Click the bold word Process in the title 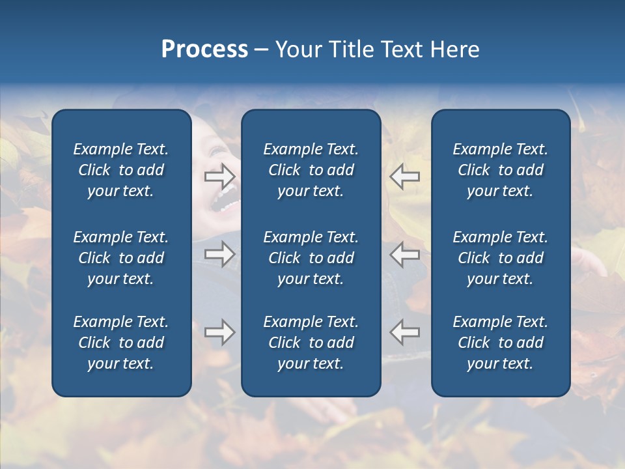(204, 50)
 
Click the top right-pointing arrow (219, 176)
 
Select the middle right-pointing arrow (219, 254)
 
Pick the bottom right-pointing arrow (219, 332)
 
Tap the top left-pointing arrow (404, 176)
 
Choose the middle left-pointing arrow (404, 254)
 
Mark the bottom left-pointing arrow (404, 332)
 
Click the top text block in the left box (121, 170)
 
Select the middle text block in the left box (121, 258)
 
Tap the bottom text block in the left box (121, 343)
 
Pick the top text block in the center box (311, 170)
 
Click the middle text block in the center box (311, 258)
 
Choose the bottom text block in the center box (311, 343)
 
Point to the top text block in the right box (500, 170)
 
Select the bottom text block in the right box (500, 343)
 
